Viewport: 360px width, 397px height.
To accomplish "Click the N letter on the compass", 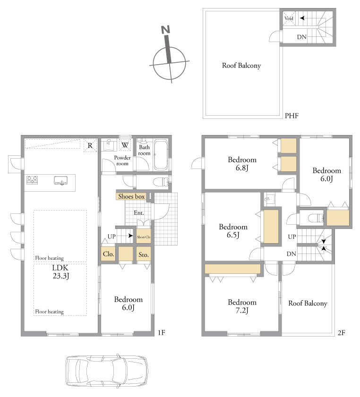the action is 165,30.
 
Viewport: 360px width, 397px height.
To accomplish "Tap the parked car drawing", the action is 107,371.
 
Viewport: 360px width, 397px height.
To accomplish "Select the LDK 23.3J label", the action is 60,272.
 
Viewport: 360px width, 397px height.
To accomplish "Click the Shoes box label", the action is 131,196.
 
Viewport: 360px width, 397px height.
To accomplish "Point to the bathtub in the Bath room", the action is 161,154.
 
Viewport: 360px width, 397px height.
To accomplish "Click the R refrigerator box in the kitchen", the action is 90,145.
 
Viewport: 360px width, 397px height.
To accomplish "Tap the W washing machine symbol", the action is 125,145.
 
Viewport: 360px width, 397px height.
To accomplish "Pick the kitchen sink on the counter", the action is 60,180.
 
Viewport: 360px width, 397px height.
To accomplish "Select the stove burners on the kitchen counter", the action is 32,180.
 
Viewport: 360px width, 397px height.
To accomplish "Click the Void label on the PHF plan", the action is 289,18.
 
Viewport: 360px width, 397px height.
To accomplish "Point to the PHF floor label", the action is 291,116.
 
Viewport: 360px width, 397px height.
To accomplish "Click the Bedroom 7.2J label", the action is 242,306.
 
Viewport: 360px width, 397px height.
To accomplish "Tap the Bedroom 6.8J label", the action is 242,163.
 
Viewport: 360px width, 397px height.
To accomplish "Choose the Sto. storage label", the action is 144,255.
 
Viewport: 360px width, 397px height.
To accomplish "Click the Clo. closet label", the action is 109,254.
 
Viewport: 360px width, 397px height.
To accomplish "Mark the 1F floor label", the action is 162,332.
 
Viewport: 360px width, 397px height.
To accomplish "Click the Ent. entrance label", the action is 139,213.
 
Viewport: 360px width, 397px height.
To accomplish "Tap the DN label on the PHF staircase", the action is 302,37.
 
